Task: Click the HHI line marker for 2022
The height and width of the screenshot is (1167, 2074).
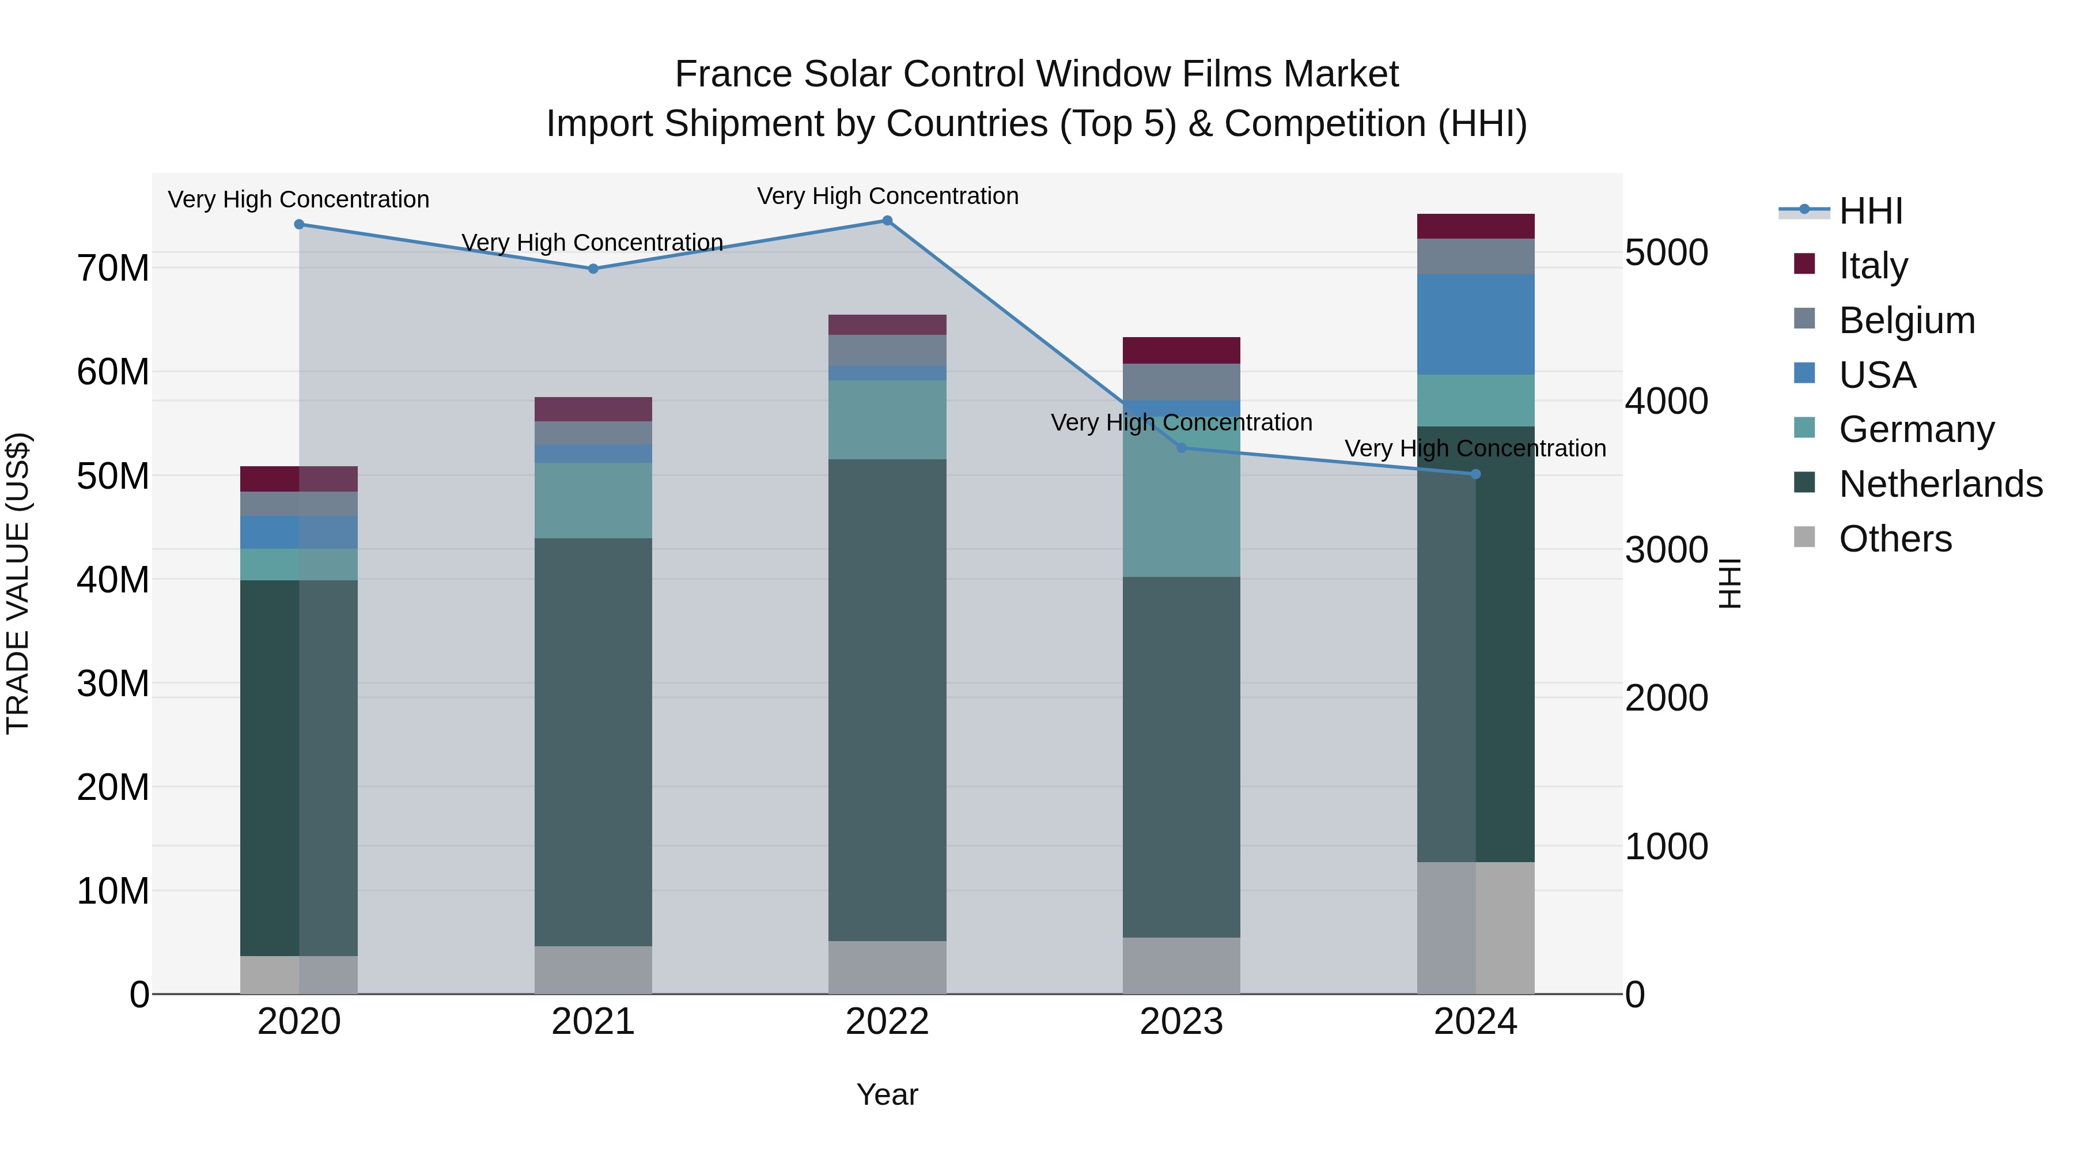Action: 887,220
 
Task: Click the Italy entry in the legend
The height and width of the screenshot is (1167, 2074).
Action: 1873,265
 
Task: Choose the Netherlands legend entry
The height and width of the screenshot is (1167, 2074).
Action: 1940,484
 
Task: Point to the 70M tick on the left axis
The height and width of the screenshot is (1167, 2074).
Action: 113,268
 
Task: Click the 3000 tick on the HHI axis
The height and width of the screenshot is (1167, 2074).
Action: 1666,550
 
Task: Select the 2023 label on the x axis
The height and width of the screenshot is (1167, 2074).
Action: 1181,1022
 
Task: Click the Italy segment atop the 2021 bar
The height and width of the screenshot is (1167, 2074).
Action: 593,409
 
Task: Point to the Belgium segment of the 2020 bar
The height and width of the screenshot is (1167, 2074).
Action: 298,503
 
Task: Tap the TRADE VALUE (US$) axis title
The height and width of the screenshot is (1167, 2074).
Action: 18,583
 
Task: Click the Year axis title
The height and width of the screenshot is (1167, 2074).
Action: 887,1094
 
